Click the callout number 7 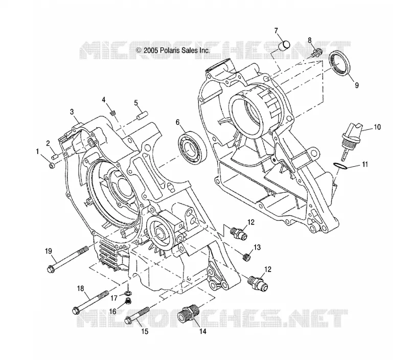tap(276, 31)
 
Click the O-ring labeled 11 tap(341, 166)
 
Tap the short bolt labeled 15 tap(138, 316)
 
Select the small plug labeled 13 tap(247, 257)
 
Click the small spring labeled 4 tap(112, 113)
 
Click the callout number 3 tap(72, 111)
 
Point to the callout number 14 tap(203, 331)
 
